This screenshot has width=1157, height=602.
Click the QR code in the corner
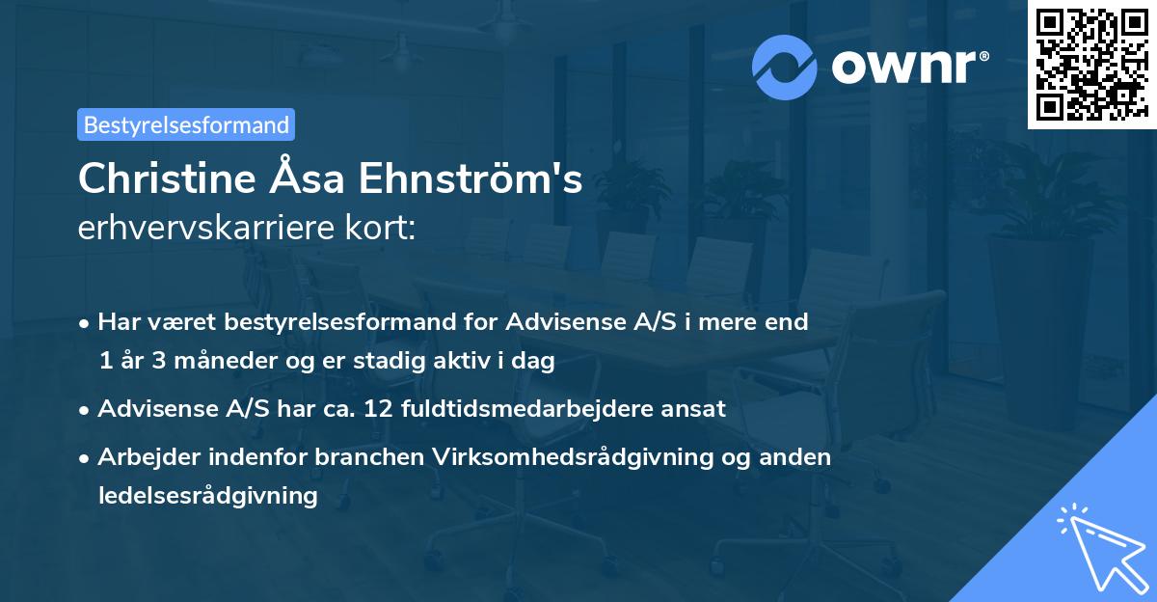(x=1091, y=65)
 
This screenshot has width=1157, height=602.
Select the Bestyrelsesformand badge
(x=186, y=124)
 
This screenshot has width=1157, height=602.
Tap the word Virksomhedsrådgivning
(x=561, y=456)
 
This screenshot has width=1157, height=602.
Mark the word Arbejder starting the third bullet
(x=142, y=456)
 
